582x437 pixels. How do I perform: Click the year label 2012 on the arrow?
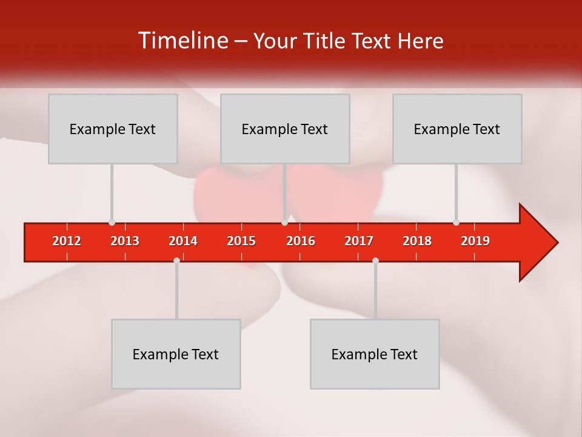[x=67, y=241]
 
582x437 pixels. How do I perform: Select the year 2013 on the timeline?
[x=125, y=241]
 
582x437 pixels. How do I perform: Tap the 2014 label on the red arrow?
[x=183, y=241]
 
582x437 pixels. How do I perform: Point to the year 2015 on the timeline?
[x=241, y=241]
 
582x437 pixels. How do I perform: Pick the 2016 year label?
[x=301, y=241]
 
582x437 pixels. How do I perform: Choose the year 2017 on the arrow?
[x=359, y=241]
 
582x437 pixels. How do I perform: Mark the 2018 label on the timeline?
[x=417, y=241]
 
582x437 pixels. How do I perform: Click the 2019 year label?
[x=475, y=241]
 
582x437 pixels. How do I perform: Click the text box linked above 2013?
[x=113, y=129]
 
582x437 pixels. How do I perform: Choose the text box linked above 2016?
[x=285, y=129]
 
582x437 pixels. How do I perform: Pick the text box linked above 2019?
[x=457, y=129]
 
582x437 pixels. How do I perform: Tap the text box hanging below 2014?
[x=176, y=354]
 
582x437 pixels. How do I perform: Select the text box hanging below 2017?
[x=375, y=354]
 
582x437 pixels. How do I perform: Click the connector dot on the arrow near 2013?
[x=112, y=223]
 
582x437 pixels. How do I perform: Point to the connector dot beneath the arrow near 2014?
[x=176, y=260]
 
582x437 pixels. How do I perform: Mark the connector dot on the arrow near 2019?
[x=456, y=223]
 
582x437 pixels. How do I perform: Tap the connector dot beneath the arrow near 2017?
[x=375, y=260]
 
